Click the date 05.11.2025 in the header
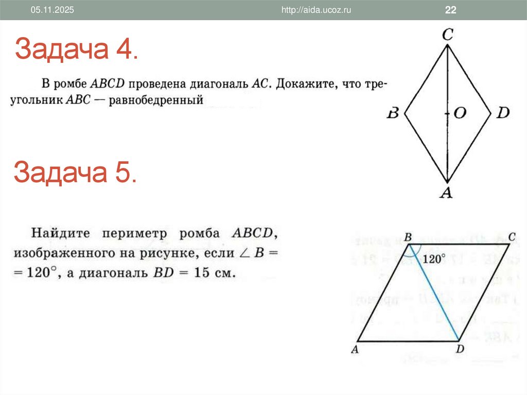click(52, 10)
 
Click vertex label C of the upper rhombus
click(447, 35)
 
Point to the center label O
click(459, 113)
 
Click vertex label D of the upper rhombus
click(502, 113)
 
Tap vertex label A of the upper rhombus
click(447, 193)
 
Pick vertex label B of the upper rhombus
click(393, 113)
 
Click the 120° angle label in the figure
click(434, 259)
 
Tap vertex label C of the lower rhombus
click(512, 236)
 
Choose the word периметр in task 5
click(135, 234)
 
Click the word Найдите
click(60, 234)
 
